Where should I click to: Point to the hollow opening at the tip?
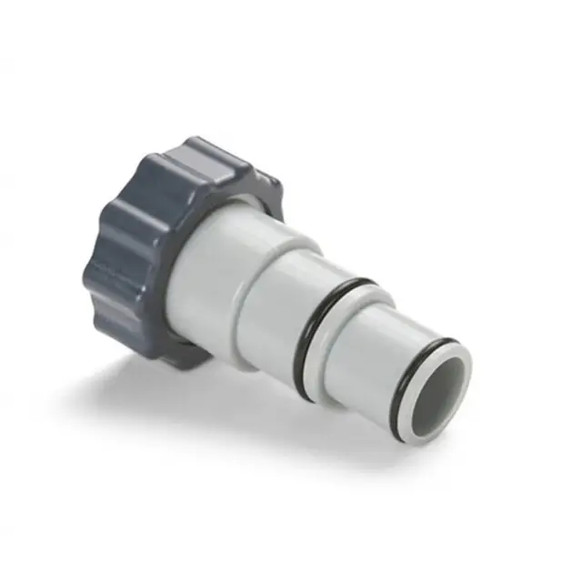(442, 387)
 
